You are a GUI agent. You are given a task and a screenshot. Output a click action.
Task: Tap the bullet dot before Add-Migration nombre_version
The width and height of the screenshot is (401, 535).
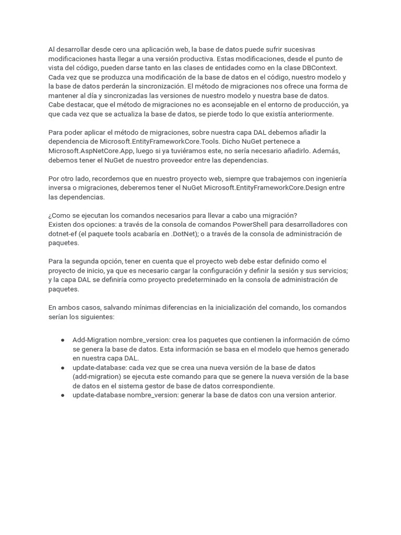click(x=63, y=340)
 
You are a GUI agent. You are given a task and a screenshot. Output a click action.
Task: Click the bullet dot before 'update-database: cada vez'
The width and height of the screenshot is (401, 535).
click(x=63, y=368)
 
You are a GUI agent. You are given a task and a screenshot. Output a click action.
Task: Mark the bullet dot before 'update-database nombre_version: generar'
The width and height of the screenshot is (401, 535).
click(x=63, y=396)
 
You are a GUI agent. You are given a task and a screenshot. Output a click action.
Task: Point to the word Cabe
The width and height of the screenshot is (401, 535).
click(x=57, y=105)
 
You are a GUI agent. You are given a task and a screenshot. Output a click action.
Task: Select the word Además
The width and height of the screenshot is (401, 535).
click(x=326, y=151)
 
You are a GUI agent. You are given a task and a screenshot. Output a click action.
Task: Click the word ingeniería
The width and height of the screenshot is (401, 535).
click(x=328, y=179)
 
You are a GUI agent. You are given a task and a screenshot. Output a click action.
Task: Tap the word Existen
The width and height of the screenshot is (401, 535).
click(x=61, y=225)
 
